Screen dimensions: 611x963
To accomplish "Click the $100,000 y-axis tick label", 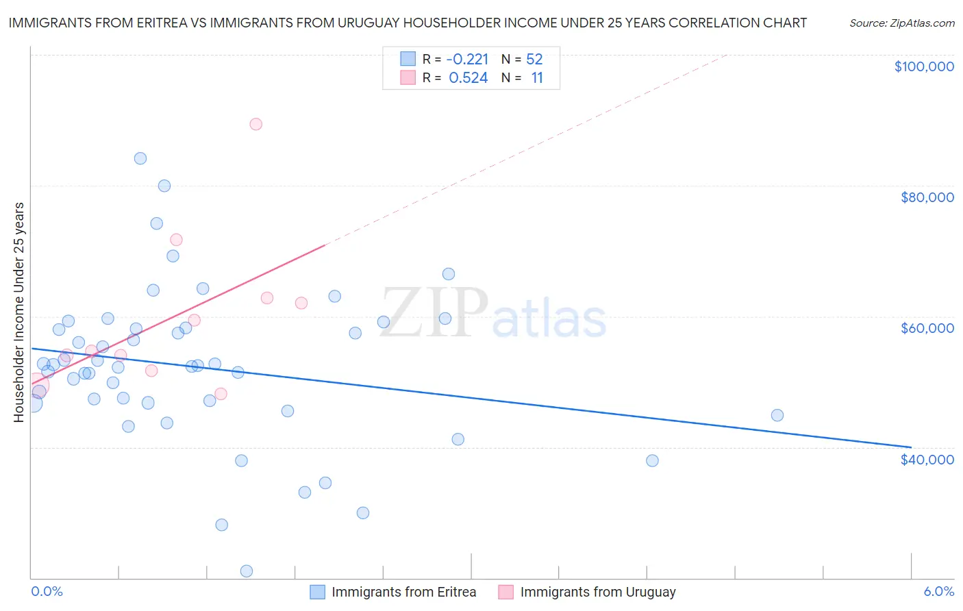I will pyautogui.click(x=924, y=66).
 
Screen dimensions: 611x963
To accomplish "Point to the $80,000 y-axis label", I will pyautogui.click(x=927, y=197).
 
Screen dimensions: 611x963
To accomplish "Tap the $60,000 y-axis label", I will pyautogui.click(x=927, y=328).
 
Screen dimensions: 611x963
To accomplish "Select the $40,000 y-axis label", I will pyautogui.click(x=927, y=460).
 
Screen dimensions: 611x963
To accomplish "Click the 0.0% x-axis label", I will pyautogui.click(x=47, y=592).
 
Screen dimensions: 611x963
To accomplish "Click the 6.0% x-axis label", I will pyautogui.click(x=938, y=592).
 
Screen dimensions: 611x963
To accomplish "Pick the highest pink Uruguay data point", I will pyautogui.click(x=255, y=124).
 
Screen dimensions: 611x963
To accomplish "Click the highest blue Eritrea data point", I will pyautogui.click(x=140, y=158).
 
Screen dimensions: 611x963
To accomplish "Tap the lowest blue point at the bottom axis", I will pyautogui.click(x=247, y=571).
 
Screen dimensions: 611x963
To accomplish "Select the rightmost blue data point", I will pyautogui.click(x=777, y=415).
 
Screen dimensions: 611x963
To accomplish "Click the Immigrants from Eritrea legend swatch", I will pyautogui.click(x=317, y=592).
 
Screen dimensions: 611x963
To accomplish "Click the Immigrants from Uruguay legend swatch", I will pyautogui.click(x=505, y=592).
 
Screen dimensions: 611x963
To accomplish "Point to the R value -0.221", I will pyautogui.click(x=467, y=59).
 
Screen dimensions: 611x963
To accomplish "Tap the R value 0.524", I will pyautogui.click(x=468, y=78).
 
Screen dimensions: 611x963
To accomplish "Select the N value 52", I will pyautogui.click(x=534, y=59).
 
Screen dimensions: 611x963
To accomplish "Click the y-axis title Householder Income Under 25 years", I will pyautogui.click(x=19, y=312).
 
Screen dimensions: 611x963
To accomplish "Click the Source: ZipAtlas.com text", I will pyautogui.click(x=901, y=23).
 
